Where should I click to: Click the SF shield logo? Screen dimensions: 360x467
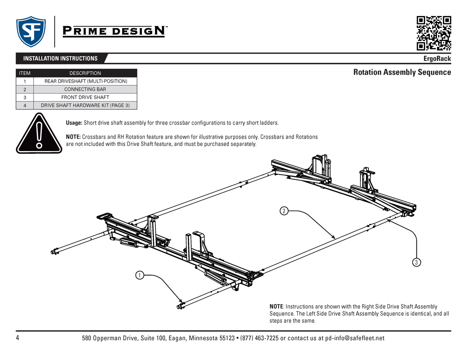coord(31,31)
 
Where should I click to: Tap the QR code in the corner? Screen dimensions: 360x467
coord(434,33)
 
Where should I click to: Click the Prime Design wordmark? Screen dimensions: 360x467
coord(115,31)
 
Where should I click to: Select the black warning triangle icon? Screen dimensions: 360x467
coord(39,134)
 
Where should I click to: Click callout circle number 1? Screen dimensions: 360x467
coord(140,275)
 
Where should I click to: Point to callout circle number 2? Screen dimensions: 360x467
coord(284,211)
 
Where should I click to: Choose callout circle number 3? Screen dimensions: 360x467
coord(416,262)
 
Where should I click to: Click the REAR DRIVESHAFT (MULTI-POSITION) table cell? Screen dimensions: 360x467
coord(86,81)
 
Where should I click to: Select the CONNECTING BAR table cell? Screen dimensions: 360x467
coord(85,89)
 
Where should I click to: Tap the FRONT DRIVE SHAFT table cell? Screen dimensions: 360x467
coord(85,97)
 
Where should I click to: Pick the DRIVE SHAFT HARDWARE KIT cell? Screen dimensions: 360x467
coord(85,106)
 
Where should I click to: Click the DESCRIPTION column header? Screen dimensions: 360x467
coord(85,73)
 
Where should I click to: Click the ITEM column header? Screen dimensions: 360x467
coord(25,73)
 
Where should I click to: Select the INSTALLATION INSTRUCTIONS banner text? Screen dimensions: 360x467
coord(60,58)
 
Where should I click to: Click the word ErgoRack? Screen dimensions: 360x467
coord(437,59)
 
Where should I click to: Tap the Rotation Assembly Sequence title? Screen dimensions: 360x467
coord(402,72)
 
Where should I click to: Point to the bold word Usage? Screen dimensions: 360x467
coord(74,123)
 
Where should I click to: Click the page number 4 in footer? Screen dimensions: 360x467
coord(18,338)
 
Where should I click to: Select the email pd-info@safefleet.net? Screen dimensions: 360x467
coord(355,338)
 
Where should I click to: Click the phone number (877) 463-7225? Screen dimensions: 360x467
coord(259,338)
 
